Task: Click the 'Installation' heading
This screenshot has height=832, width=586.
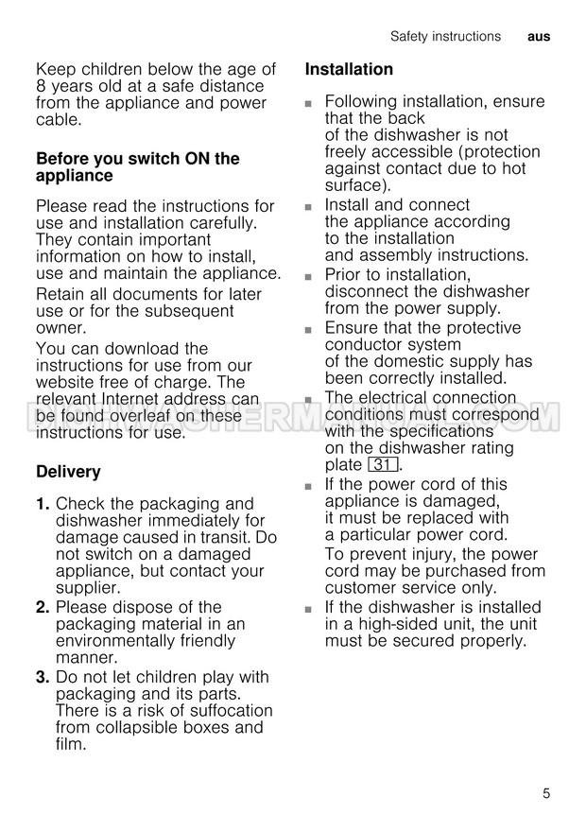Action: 349,69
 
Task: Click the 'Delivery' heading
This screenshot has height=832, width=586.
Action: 68,471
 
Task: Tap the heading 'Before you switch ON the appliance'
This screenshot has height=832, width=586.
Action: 137,167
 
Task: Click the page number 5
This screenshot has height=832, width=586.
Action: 545,793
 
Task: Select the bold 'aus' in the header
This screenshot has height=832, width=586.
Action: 538,37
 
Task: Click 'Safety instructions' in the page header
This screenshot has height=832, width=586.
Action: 445,37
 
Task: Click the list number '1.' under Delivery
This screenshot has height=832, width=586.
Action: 43,504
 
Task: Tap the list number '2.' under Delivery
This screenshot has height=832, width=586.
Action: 43,607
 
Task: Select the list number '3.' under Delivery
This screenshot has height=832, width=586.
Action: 43,677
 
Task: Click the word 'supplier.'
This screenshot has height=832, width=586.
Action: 88,588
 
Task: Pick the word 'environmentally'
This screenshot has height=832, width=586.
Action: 117,641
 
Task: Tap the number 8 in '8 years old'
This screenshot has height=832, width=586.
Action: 42,86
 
